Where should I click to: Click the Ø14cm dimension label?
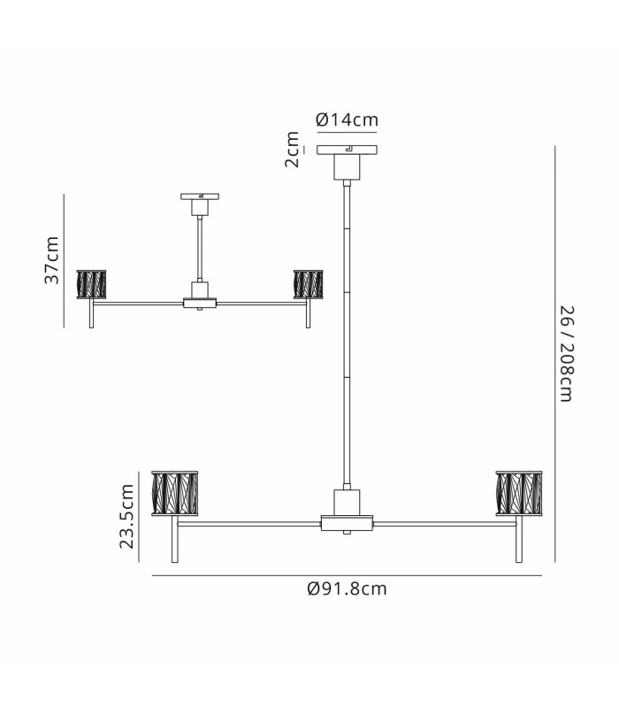click(x=347, y=119)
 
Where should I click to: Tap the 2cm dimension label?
click(x=292, y=150)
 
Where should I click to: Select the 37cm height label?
click(x=52, y=260)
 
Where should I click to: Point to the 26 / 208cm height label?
click(x=567, y=353)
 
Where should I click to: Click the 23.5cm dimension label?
click(x=126, y=516)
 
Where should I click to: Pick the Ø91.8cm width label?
click(x=347, y=589)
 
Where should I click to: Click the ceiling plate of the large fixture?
click(x=347, y=150)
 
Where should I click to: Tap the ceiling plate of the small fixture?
click(x=200, y=196)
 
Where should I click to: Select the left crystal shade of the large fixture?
click(x=174, y=493)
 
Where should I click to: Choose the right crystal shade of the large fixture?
click(x=519, y=493)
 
